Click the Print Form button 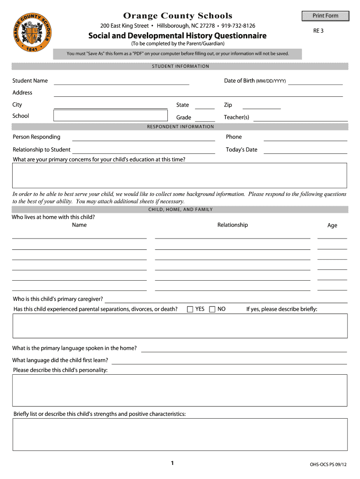(x=325, y=16)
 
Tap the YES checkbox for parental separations (x=190, y=309)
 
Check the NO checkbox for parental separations (x=212, y=309)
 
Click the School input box (x=110, y=116)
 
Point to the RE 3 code (x=318, y=31)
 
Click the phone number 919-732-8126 (x=238, y=25)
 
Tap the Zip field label (x=228, y=105)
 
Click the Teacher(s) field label (x=237, y=117)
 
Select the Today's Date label (x=241, y=150)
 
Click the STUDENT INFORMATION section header (x=180, y=66)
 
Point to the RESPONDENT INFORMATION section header (x=180, y=127)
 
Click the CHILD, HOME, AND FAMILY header (x=180, y=210)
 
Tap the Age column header (x=332, y=225)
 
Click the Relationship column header (x=232, y=225)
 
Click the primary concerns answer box (x=180, y=175)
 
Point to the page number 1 (x=172, y=463)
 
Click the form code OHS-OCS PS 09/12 (x=328, y=464)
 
